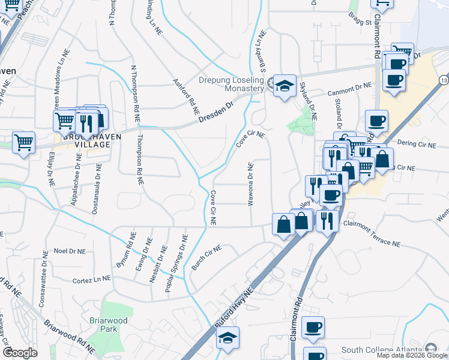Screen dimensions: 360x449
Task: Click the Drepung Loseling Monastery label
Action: coord(232,84)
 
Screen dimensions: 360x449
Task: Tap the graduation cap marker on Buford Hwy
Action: coord(228,337)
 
